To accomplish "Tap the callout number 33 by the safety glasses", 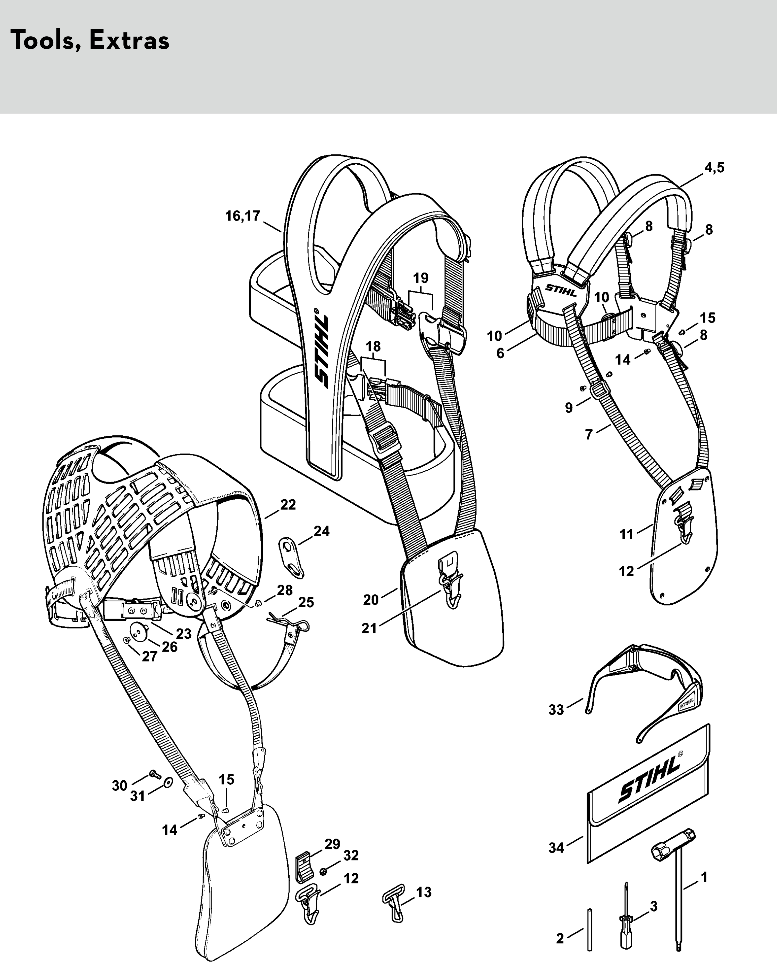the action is click(x=556, y=710).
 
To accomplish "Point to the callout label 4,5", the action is click(x=714, y=167).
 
